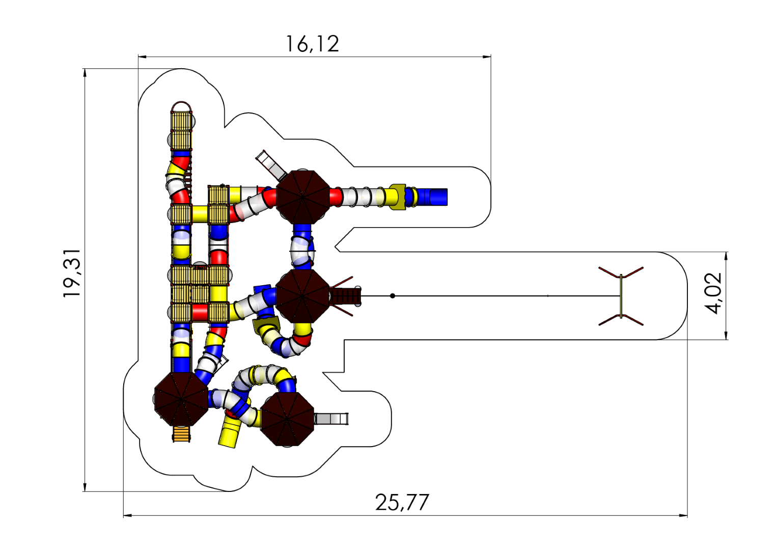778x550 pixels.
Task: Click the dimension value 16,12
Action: click(x=312, y=44)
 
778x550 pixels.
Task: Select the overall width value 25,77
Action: click(x=402, y=503)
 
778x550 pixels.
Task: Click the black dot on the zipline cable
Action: click(x=393, y=296)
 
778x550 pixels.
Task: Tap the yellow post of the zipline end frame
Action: click(x=621, y=296)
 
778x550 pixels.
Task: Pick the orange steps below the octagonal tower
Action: click(x=181, y=434)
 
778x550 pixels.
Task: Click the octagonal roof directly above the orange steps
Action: click(x=181, y=399)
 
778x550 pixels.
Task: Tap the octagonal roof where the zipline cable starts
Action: click(x=302, y=296)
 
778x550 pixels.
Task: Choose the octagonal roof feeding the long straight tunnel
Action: click(x=302, y=197)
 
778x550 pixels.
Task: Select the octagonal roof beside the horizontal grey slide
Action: click(x=287, y=419)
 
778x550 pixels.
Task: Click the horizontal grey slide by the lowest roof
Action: click(x=331, y=419)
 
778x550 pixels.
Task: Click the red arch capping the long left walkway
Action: click(x=181, y=106)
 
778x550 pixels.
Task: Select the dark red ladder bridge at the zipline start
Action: click(x=346, y=296)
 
